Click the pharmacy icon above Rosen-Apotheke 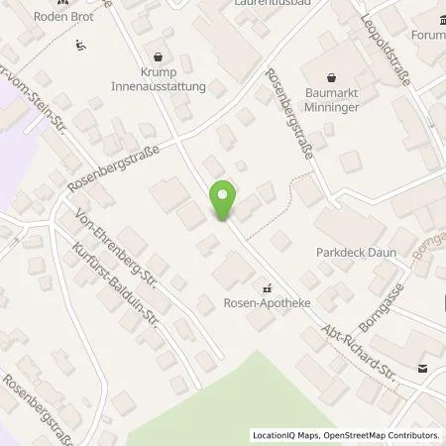(x=265, y=289)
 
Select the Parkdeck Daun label (x=356, y=253)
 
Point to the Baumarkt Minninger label (x=355, y=92)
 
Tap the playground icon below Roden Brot (x=80, y=43)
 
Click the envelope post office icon (x=424, y=369)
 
